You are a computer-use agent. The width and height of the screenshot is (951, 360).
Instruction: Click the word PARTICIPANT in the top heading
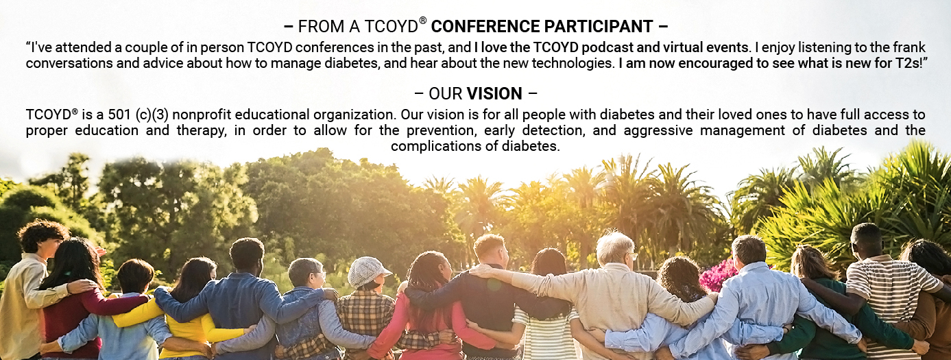[598, 26]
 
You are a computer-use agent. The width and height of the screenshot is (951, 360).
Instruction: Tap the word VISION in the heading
[494, 94]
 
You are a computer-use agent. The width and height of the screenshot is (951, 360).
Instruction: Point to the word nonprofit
[202, 115]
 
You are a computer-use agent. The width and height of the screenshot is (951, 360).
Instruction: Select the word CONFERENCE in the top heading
[485, 26]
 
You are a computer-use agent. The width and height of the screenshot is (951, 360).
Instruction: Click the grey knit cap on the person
[368, 271]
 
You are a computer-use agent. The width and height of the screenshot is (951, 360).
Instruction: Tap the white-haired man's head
[615, 249]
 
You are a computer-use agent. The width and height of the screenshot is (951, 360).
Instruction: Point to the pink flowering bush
[717, 275]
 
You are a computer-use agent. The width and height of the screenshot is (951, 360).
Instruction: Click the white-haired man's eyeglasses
[633, 256]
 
